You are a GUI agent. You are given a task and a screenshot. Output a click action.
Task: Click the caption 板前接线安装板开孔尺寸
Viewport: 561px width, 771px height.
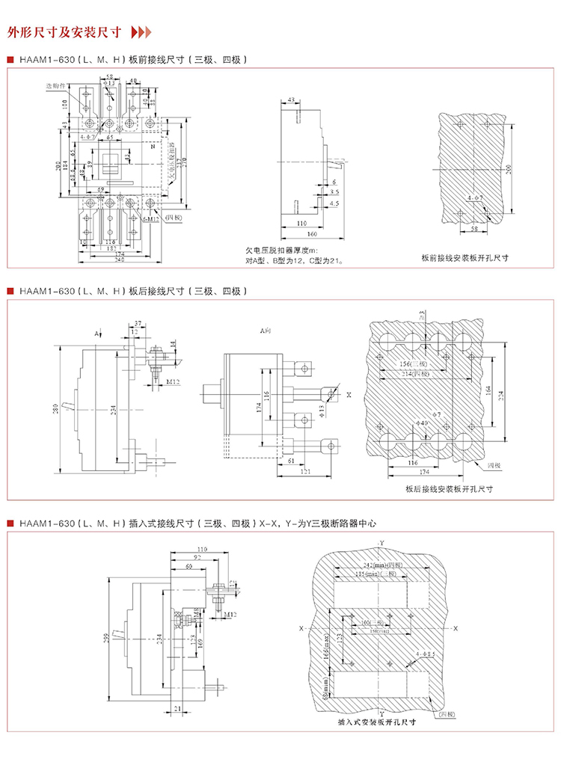(x=465, y=257)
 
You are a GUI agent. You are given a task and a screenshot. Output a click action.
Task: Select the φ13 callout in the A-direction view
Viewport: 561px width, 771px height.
(x=322, y=409)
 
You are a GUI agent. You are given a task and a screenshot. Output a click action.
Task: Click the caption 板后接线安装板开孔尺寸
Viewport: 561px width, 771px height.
(x=450, y=489)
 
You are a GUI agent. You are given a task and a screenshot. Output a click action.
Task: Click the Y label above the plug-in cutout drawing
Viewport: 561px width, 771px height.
(x=381, y=541)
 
